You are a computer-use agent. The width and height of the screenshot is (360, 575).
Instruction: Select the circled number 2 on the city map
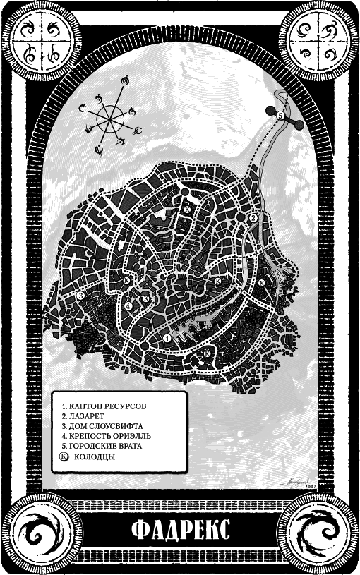pyautogui.click(x=252, y=218)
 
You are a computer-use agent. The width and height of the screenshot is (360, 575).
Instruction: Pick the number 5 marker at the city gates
pyautogui.click(x=280, y=115)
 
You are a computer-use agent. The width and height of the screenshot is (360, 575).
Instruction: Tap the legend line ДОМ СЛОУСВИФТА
pyautogui.click(x=102, y=427)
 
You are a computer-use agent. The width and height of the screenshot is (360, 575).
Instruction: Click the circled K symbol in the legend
pyautogui.click(x=65, y=456)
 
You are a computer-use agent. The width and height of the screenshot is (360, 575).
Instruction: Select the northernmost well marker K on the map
pyautogui.click(x=187, y=210)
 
